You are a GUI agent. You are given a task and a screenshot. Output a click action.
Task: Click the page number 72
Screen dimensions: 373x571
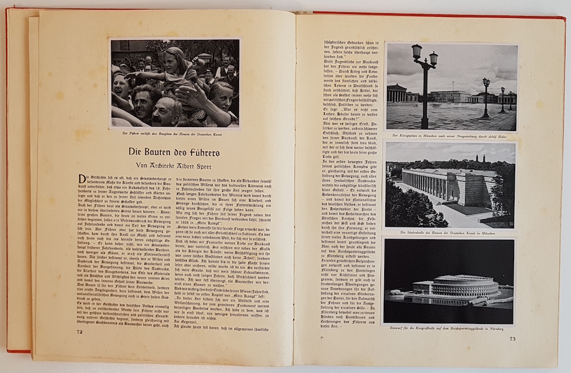coord(79,331)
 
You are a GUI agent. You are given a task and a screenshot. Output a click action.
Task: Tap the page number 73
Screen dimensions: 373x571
coord(512,338)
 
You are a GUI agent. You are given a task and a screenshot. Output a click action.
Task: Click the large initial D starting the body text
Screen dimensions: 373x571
coord(81,180)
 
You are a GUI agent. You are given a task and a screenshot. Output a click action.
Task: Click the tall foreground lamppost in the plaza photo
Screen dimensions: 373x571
coord(425,89)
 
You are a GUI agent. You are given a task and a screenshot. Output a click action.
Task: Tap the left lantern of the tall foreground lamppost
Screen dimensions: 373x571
coord(415,52)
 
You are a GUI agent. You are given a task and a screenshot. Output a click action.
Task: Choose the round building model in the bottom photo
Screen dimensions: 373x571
coord(457,286)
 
